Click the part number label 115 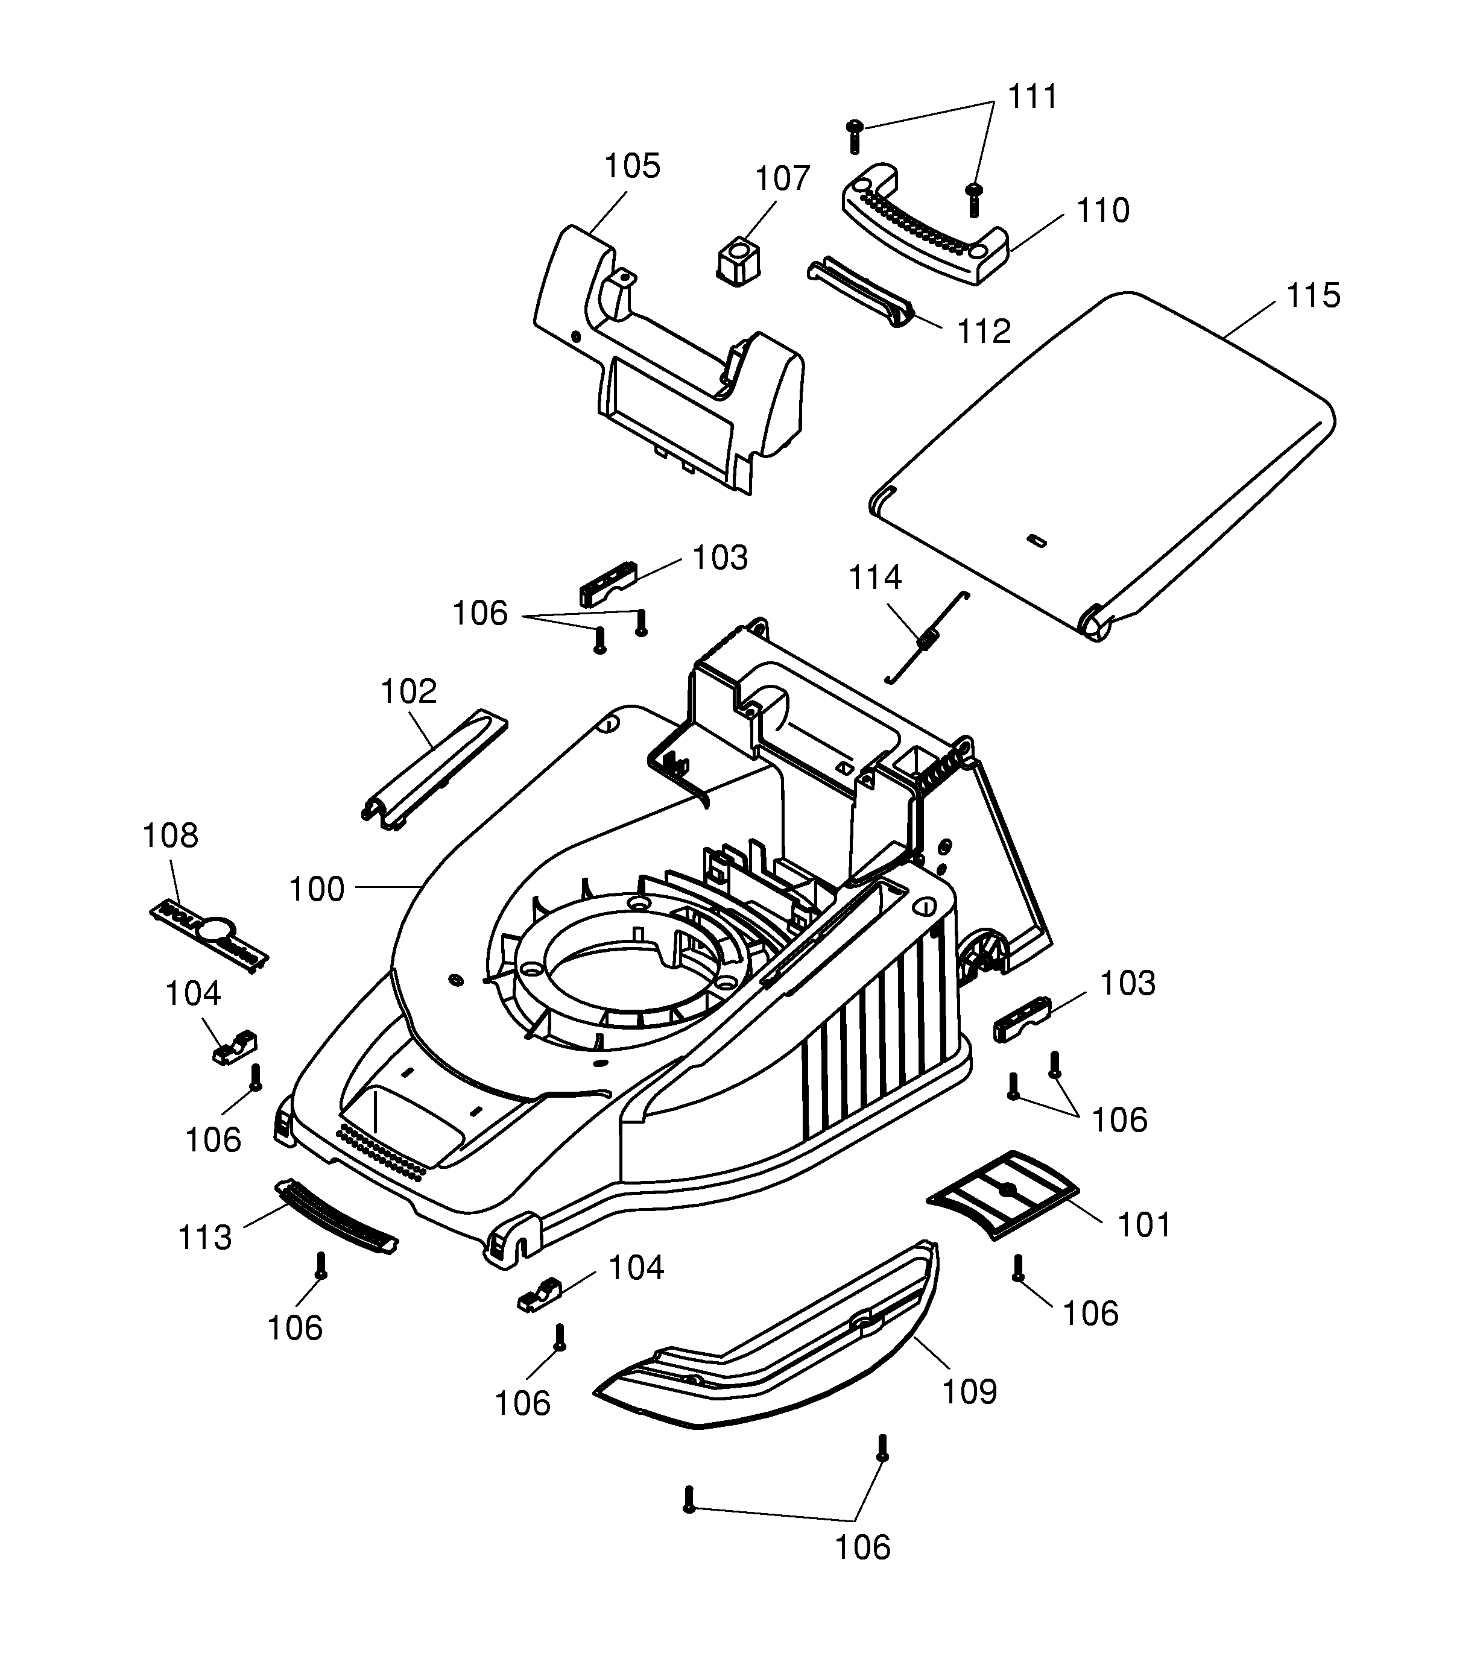1312,296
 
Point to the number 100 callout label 317,890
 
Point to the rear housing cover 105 668,359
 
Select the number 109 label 969,1392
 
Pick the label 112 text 984,332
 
